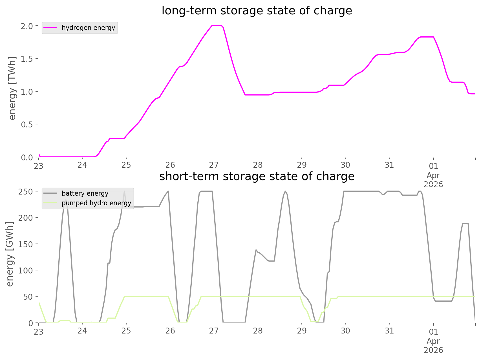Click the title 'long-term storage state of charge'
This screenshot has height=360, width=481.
tap(257, 11)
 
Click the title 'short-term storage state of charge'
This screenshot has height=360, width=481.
tap(257, 176)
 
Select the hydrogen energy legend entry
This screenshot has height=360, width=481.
tap(88, 28)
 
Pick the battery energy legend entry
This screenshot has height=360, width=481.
tap(85, 193)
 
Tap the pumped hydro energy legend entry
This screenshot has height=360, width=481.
tap(96, 203)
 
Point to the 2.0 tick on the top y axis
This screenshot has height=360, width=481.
tap(27, 26)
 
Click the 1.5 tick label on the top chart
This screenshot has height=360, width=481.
tap(27, 59)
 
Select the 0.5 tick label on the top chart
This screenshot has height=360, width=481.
tap(27, 124)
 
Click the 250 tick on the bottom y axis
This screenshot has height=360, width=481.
tap(26, 192)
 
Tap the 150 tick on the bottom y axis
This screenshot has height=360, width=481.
tap(26, 244)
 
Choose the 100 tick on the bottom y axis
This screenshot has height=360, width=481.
tap(26, 270)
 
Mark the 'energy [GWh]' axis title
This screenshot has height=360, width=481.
tap(10, 254)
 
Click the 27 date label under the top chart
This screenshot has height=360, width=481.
tap(214, 165)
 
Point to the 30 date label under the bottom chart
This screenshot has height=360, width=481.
tap(345, 331)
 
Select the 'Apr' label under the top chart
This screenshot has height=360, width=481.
tap(433, 175)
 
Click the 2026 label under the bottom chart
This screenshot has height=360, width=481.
tap(433, 350)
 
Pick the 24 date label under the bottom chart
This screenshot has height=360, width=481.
tap(82, 331)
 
